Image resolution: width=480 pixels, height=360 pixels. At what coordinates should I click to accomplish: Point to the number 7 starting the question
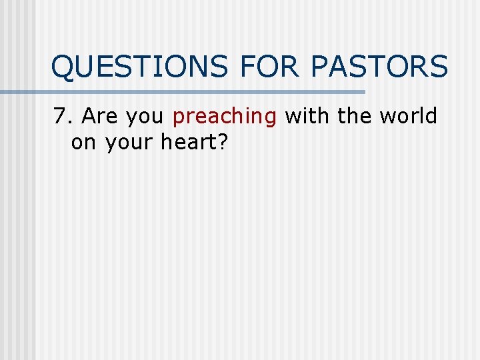(x=61, y=116)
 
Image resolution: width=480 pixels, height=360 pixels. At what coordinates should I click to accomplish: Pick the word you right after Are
(x=146, y=117)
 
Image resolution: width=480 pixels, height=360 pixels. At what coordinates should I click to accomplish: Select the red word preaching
(x=225, y=117)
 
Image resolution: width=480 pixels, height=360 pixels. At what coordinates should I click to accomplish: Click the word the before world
(x=357, y=116)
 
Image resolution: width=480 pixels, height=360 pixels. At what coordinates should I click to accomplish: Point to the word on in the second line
(x=83, y=142)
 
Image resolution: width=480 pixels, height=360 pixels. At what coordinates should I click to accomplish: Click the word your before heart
(x=127, y=143)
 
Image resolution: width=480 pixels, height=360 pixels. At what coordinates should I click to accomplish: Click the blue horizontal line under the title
(x=200, y=91)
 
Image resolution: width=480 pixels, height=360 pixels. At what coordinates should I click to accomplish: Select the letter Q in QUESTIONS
(x=64, y=67)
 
